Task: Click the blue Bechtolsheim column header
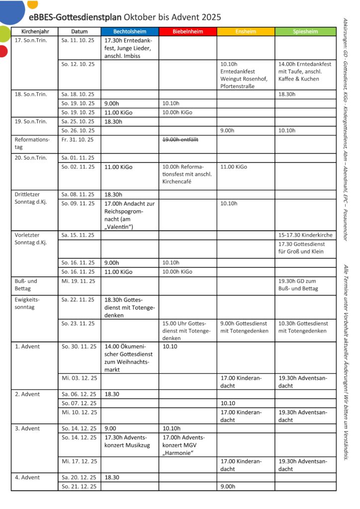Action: click(129, 31)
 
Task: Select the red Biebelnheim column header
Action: click(187, 31)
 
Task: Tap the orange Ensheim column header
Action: click(246, 31)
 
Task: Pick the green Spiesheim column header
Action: click(305, 31)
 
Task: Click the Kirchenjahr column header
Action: click(34, 31)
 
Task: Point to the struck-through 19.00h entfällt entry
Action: click(180, 140)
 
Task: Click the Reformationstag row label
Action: click(32, 143)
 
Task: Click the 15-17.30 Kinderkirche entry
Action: click(305, 235)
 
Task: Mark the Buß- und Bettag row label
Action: click(26, 284)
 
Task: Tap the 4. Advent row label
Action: click(27, 477)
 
